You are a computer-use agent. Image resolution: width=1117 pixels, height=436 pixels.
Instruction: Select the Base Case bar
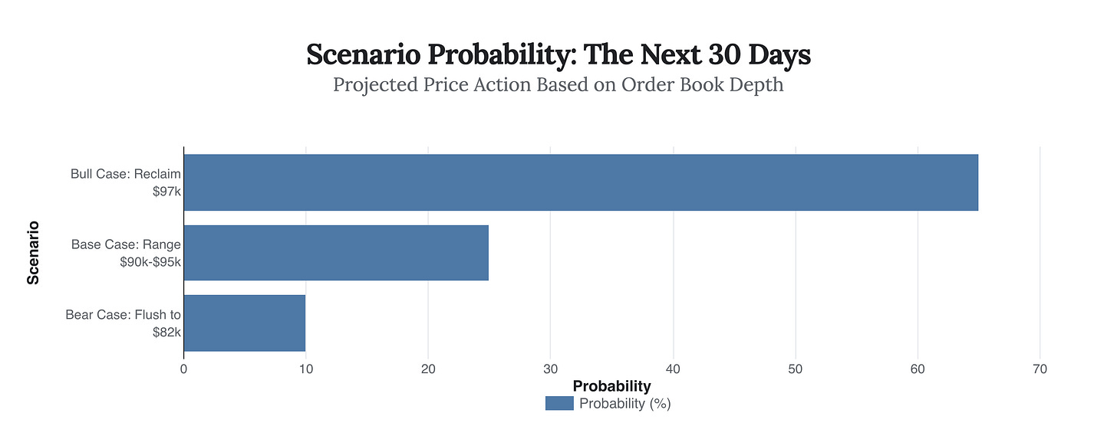[336, 253]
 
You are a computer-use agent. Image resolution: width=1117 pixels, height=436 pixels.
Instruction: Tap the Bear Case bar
[244, 323]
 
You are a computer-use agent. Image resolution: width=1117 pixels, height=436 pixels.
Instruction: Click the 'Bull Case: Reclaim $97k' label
[126, 182]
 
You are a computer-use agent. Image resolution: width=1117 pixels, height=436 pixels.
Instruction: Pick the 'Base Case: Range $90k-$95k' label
[126, 253]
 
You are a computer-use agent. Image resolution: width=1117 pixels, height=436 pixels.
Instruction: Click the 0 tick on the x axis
[183, 369]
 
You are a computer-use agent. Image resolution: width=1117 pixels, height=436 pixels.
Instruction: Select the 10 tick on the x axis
[305, 369]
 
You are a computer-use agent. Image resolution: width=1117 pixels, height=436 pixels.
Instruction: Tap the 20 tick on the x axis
[428, 369]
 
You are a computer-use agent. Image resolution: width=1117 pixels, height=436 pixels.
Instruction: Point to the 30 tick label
[550, 369]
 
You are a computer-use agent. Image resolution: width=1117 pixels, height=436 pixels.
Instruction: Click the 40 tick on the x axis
[673, 369]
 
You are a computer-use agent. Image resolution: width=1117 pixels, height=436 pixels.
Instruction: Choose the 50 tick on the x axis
[796, 369]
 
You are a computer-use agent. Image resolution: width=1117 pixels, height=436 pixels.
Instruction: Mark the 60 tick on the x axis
[918, 369]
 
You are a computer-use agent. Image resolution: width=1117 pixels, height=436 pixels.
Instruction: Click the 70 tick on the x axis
[1040, 369]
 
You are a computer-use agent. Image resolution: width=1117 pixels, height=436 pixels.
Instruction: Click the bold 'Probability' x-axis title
[611, 386]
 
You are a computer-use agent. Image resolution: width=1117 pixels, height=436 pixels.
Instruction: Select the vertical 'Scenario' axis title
[33, 253]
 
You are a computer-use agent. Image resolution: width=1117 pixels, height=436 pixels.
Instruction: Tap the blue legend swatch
[559, 404]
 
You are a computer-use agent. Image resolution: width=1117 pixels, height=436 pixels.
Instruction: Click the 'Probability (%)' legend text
[624, 404]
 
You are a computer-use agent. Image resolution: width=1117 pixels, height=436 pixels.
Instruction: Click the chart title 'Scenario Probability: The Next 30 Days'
[558, 55]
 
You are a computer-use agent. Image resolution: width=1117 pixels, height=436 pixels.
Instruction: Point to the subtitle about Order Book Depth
[558, 84]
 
